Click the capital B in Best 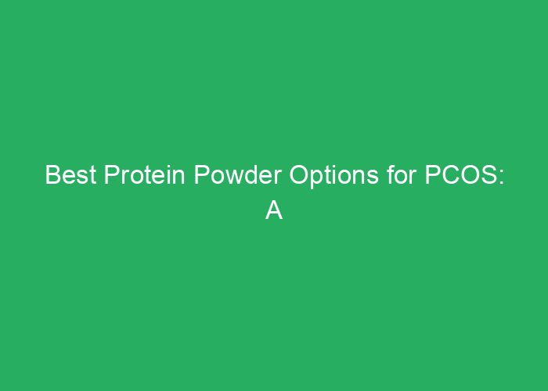coord(52,175)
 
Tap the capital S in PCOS coord(485,175)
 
